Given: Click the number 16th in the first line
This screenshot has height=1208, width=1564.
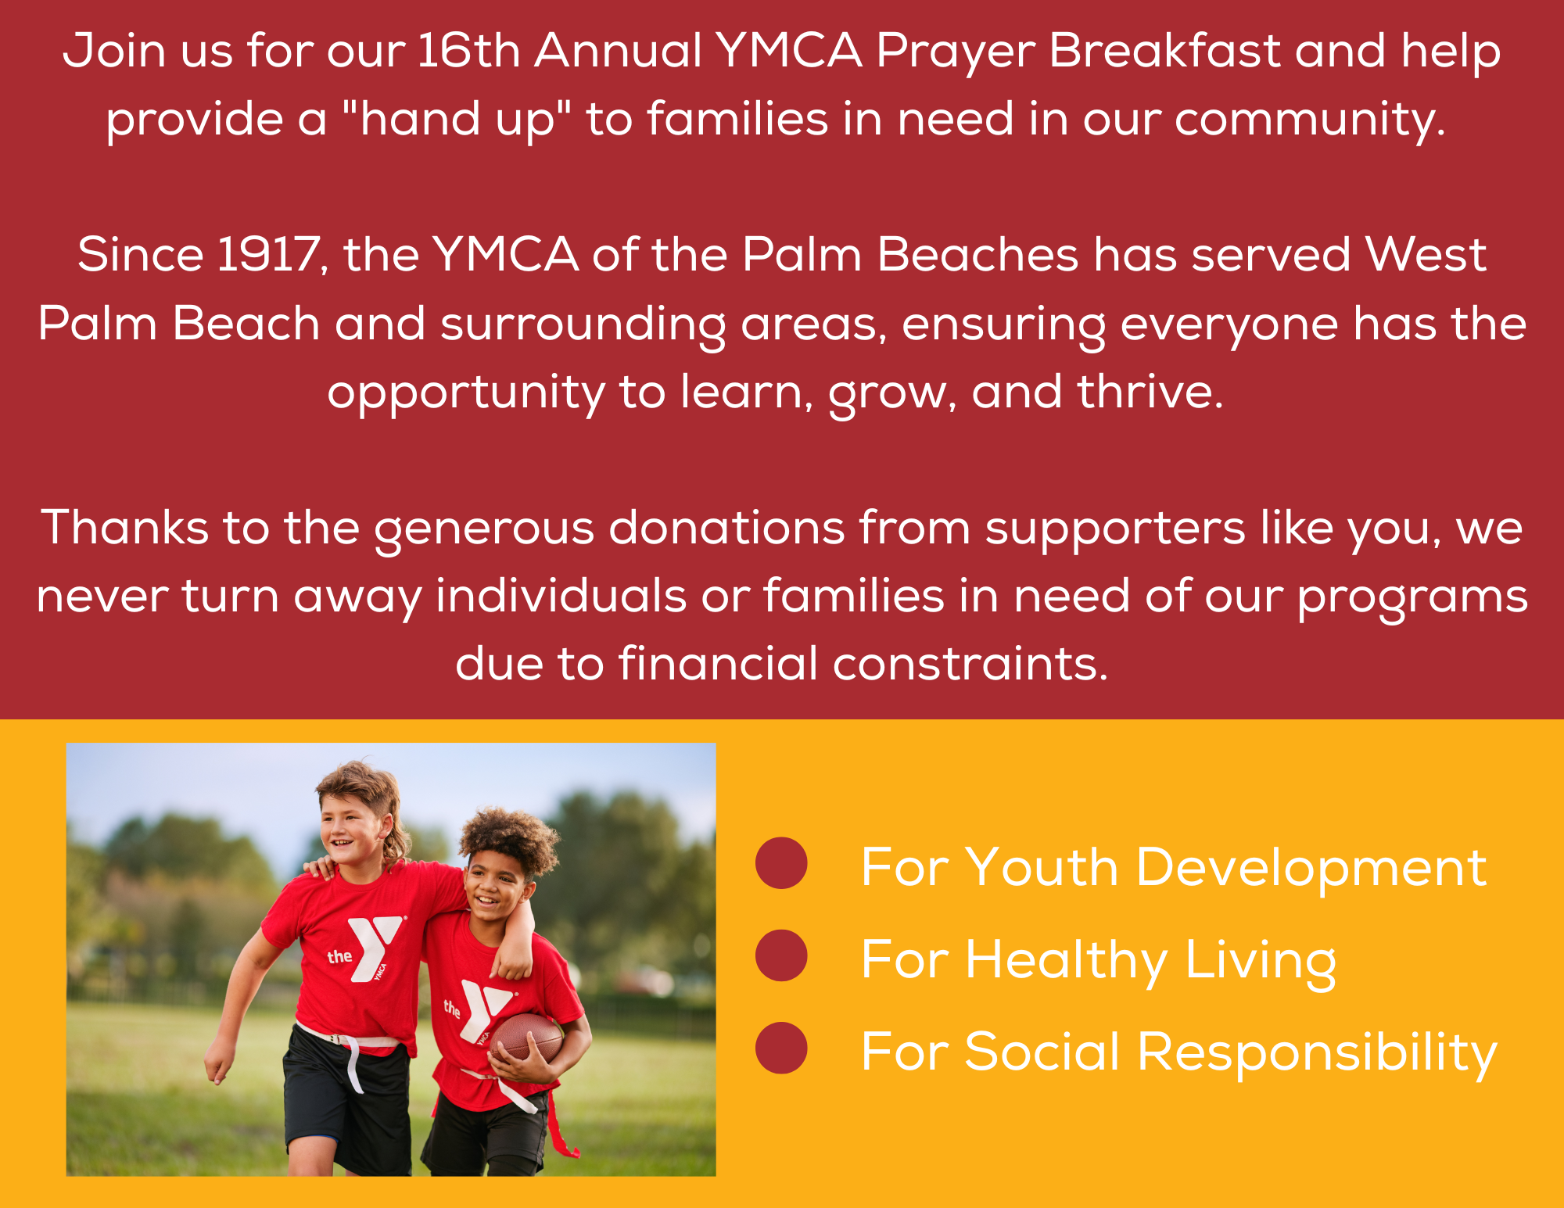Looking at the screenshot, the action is [x=468, y=51].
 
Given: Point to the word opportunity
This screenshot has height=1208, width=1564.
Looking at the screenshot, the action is [x=466, y=393].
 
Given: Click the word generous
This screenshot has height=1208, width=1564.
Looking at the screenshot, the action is [x=484, y=529].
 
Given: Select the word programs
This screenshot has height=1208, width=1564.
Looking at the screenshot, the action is [x=1412, y=597].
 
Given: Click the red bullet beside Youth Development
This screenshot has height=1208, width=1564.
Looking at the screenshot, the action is [x=781, y=863].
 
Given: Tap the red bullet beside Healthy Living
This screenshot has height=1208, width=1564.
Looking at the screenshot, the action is [x=781, y=955].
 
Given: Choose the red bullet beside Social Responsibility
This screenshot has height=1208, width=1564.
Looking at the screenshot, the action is [x=781, y=1048].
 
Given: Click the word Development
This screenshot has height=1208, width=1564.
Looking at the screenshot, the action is [x=1311, y=869].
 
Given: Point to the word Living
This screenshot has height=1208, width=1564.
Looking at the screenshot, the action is [x=1261, y=961].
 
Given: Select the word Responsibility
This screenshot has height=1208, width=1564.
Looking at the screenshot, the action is [x=1317, y=1053].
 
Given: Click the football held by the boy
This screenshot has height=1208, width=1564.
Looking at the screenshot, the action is [x=527, y=1038].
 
